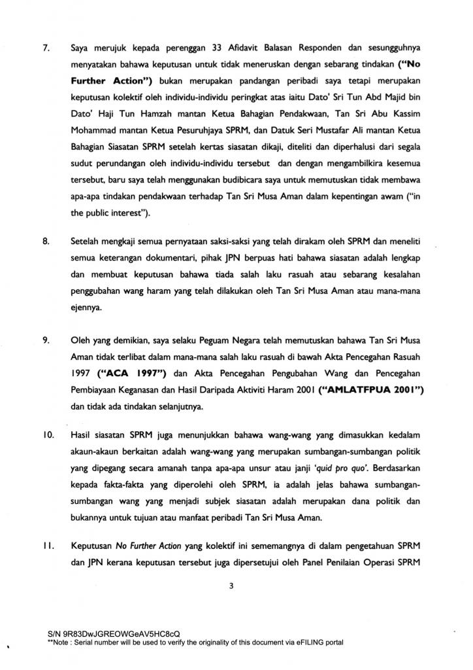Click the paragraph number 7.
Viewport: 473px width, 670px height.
click(x=46, y=29)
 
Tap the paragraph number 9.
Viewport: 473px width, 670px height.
click(x=46, y=340)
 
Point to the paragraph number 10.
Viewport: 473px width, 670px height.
click(x=48, y=434)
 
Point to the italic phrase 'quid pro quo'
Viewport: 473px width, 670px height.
click(x=316, y=467)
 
